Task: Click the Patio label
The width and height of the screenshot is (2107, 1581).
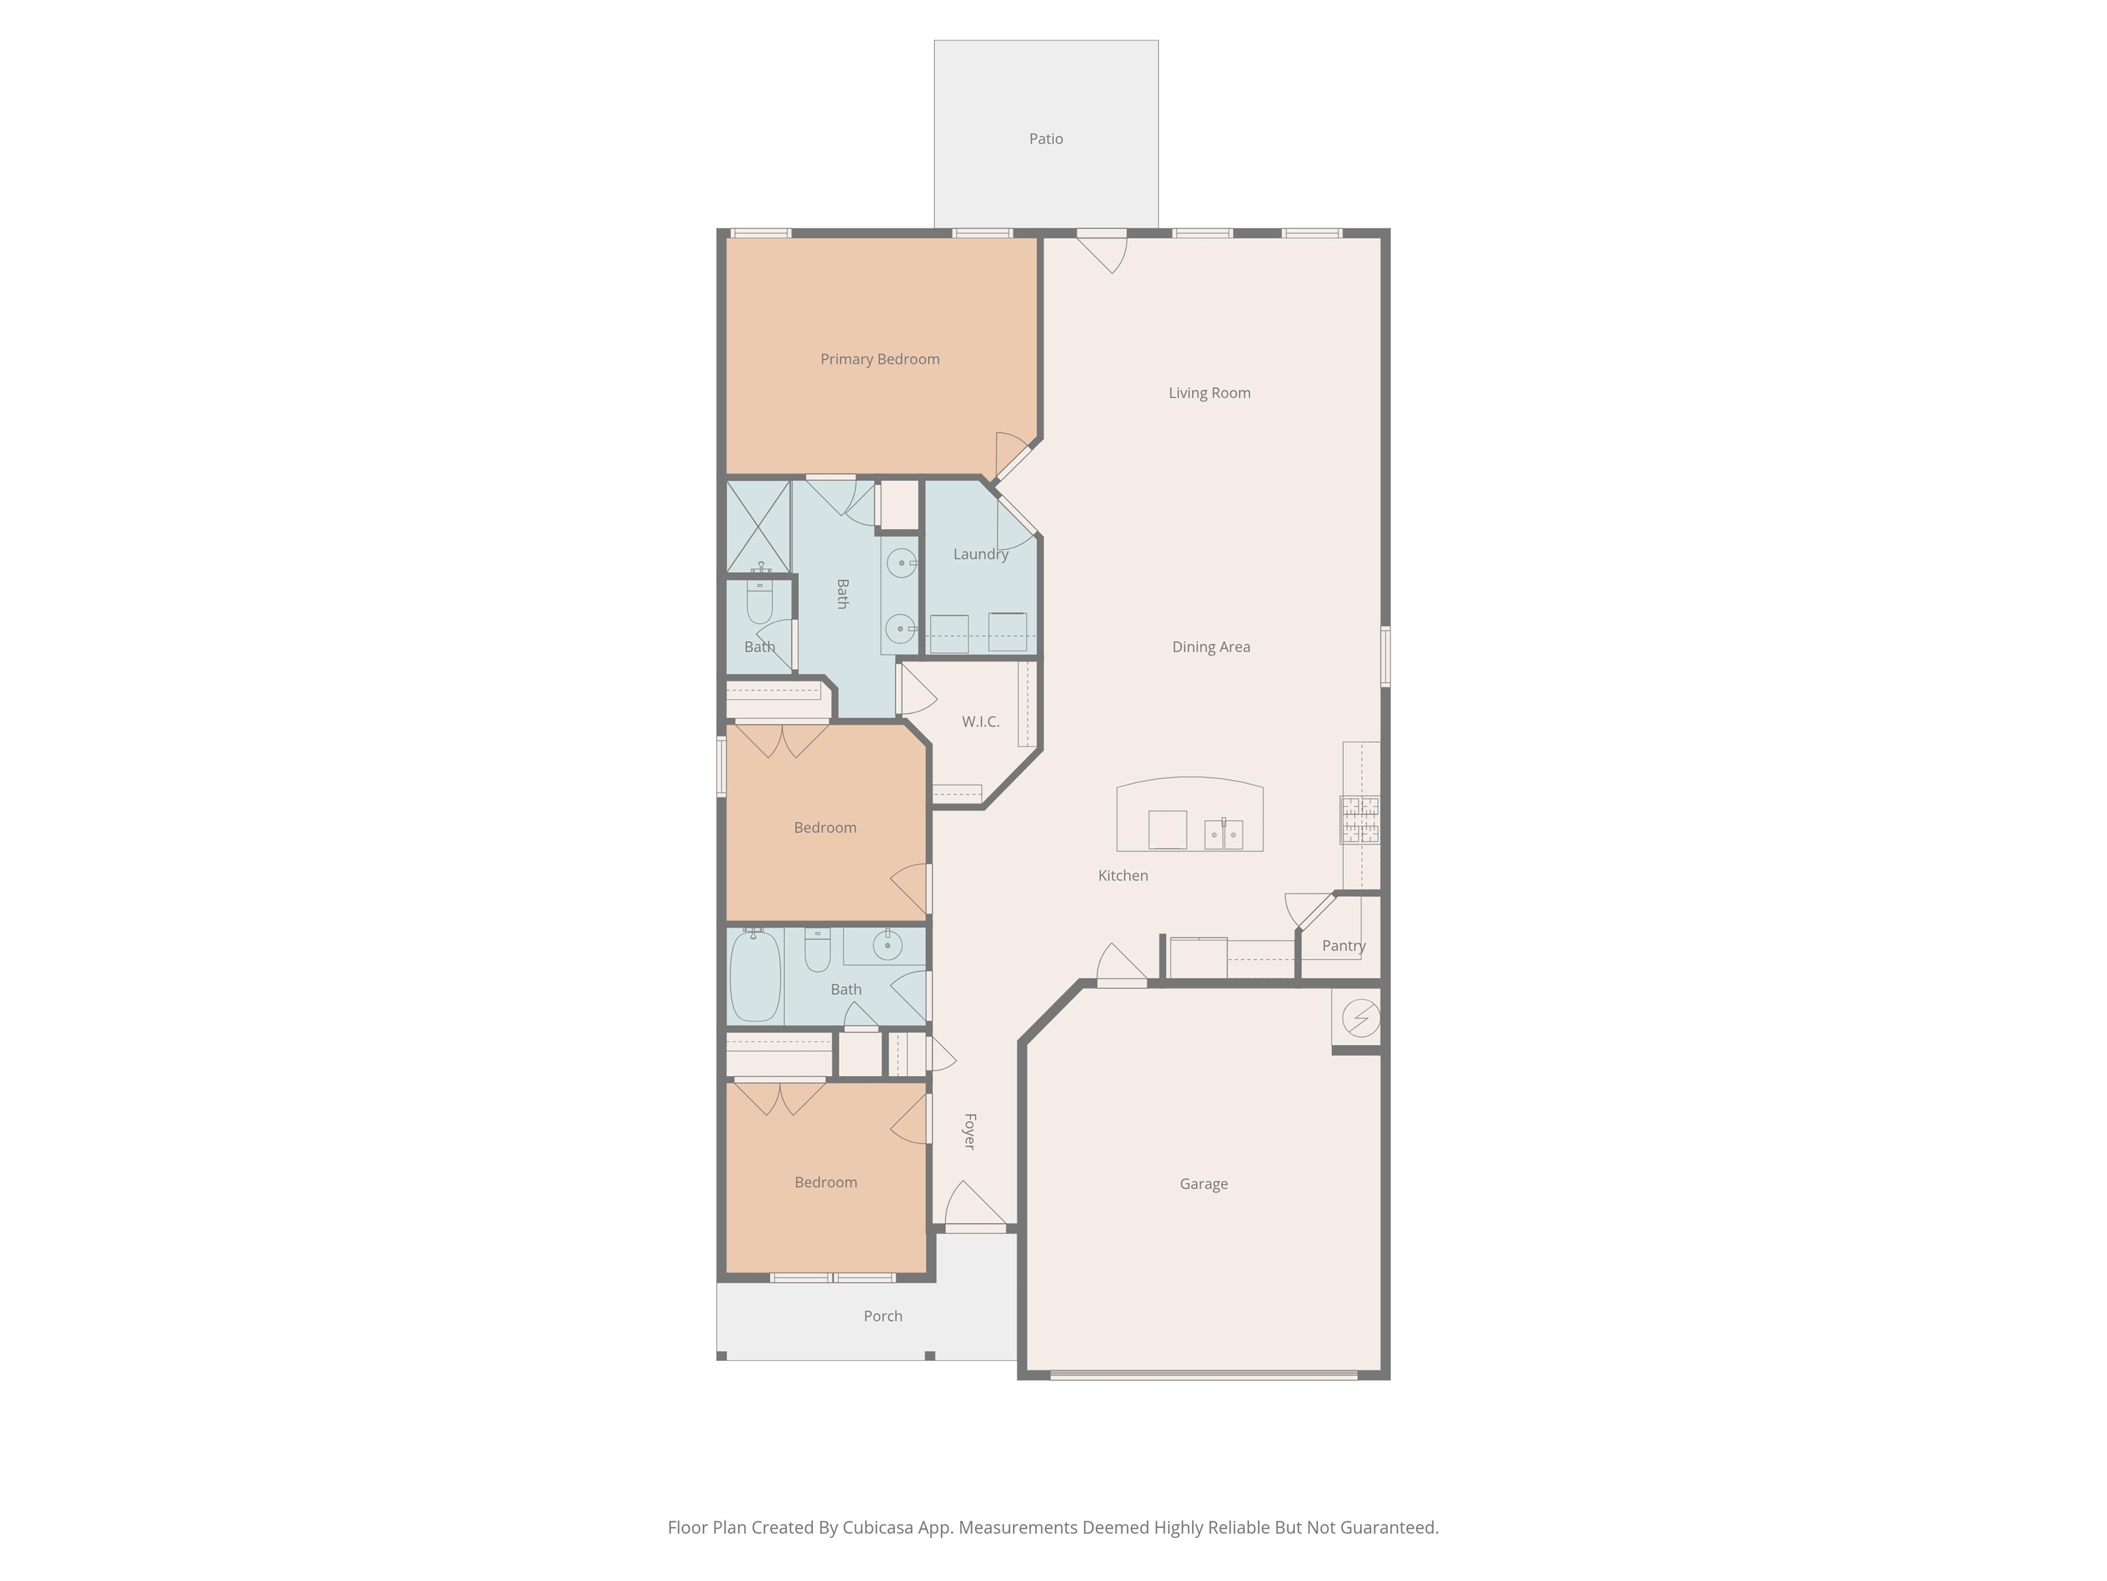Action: coord(1046,139)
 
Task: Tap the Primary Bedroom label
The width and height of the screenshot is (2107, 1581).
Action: coord(880,360)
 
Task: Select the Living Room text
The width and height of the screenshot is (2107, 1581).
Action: coord(1210,393)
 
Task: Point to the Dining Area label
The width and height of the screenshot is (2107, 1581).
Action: coord(1211,647)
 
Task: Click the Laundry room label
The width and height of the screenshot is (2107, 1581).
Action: coord(980,554)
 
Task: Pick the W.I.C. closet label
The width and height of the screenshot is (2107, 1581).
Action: coord(980,721)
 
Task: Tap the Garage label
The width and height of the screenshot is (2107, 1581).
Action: coord(1204,1184)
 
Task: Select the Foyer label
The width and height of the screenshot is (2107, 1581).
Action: coord(970,1131)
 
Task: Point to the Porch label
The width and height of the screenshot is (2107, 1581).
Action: coord(883,1316)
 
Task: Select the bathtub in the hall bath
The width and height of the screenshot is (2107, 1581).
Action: coord(755,976)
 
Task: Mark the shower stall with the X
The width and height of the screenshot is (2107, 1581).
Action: coord(758,526)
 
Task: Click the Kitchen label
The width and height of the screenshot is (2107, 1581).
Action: coord(1123,876)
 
